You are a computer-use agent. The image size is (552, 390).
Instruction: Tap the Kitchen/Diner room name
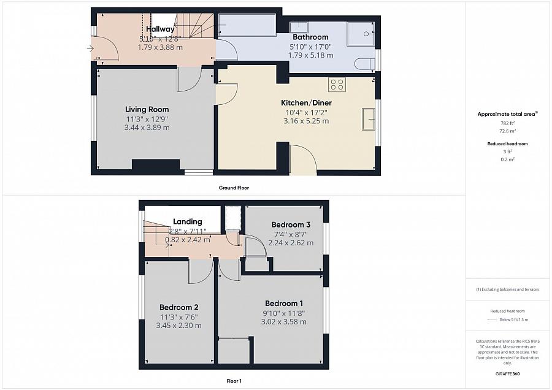[306, 102]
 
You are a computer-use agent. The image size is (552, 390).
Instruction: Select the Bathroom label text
[310, 37]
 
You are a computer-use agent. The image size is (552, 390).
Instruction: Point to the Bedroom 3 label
[292, 225]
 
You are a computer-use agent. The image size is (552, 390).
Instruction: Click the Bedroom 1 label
[283, 304]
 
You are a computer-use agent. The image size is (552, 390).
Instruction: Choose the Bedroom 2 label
[178, 307]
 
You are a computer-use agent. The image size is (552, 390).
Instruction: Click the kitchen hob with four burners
[336, 85]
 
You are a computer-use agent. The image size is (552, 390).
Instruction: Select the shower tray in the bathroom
[362, 35]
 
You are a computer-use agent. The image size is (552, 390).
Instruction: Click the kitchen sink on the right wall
[368, 119]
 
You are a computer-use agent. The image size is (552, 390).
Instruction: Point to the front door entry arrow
[91, 48]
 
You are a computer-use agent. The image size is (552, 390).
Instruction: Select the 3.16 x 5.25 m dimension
[306, 121]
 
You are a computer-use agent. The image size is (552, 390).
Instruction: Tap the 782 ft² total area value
[506, 123]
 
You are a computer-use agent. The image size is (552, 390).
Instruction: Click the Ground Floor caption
[234, 188]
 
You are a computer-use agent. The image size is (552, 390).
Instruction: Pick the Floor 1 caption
[234, 381]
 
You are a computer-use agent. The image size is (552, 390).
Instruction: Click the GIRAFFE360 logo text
[506, 374]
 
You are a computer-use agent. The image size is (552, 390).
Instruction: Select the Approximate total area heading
[507, 114]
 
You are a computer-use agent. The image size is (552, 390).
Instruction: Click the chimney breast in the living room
[156, 164]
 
